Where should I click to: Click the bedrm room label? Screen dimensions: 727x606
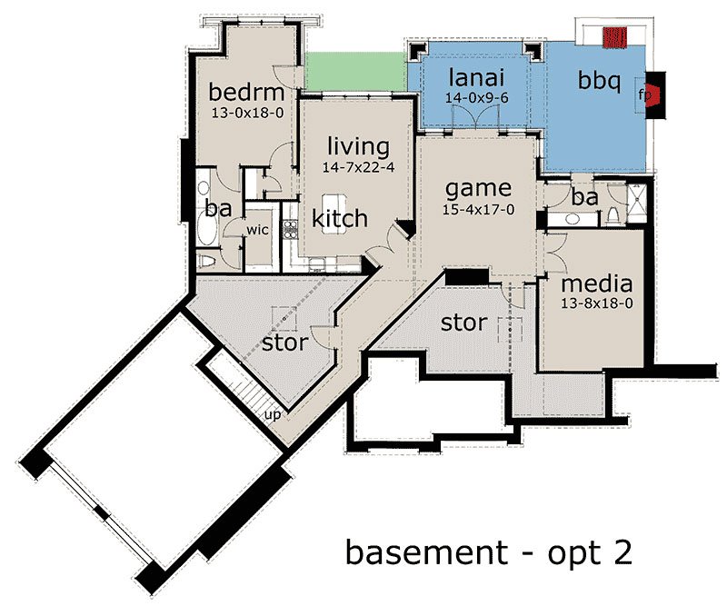pos(246,92)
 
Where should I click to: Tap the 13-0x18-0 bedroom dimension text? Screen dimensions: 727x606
pos(247,112)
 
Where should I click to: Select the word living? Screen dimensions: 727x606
pos(359,147)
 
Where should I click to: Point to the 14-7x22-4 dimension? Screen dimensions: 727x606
pos(358,167)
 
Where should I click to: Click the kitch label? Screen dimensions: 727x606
pos(340,218)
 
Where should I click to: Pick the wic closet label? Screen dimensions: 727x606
pos(257,230)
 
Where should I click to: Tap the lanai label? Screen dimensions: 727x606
pos(476,77)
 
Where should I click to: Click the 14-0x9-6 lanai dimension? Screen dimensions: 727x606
pos(476,98)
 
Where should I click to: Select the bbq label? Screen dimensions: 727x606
pos(599,81)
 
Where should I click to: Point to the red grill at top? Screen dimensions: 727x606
pos(615,37)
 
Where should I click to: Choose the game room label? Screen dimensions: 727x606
pos(478,189)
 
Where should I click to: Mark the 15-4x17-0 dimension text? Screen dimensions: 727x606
pos(478,210)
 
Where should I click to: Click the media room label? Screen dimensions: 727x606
pos(597,283)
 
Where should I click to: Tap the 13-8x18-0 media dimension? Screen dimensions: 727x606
pos(597,303)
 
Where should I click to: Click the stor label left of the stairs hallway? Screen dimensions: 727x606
pos(285,343)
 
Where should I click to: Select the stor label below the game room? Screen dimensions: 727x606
pos(463,323)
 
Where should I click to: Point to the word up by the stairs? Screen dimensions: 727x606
pos(273,414)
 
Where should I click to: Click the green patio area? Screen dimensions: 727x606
pos(355,72)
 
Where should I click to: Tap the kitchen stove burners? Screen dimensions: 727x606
pos(290,229)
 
